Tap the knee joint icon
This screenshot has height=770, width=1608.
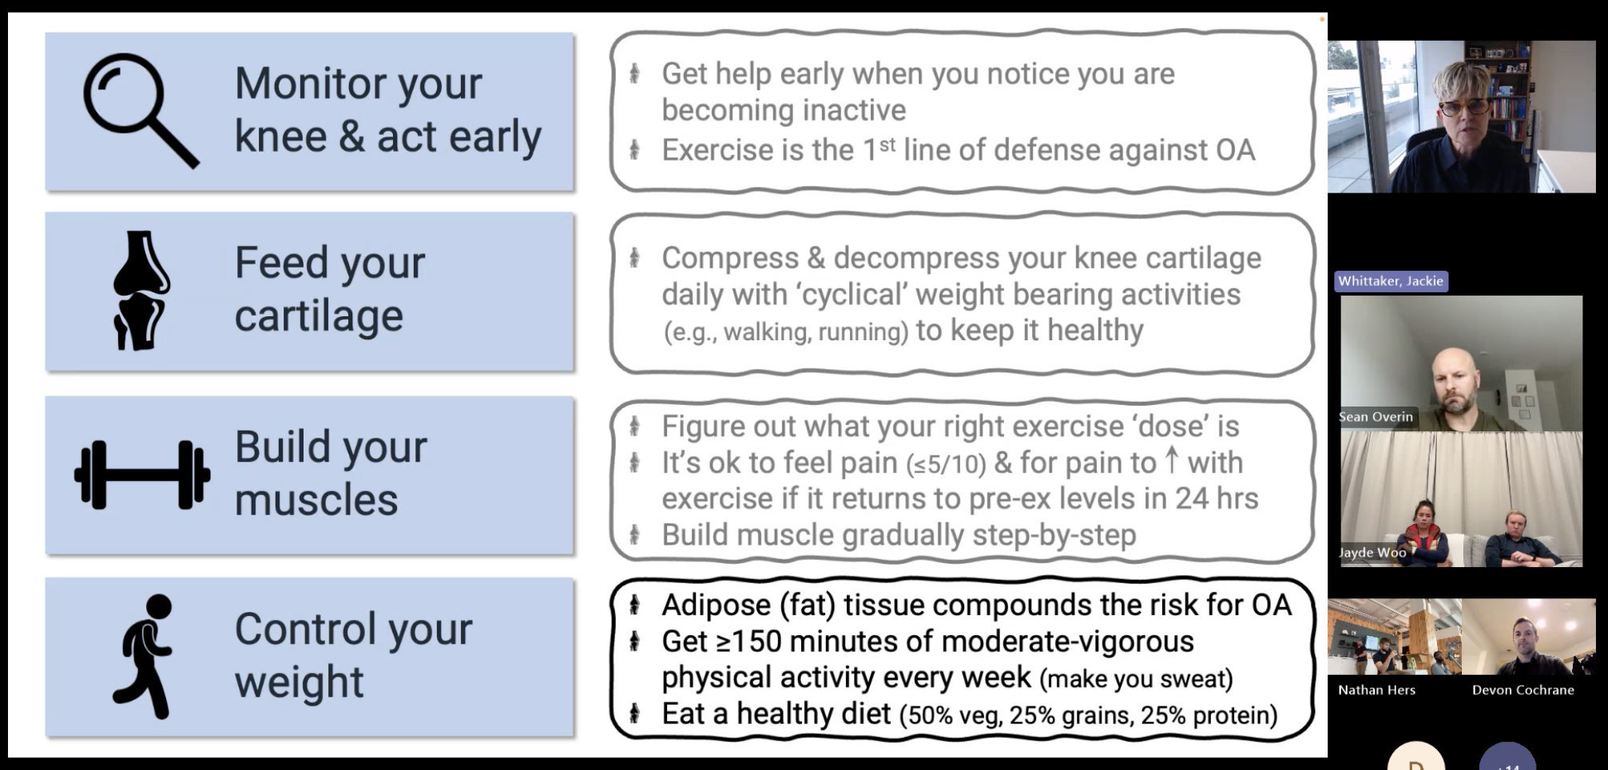pos(141,291)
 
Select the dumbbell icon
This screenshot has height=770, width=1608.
pos(142,475)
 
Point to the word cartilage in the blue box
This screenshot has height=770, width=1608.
pos(319,316)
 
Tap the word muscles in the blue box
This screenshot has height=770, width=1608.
pos(316,500)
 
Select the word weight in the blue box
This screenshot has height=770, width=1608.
pos(300,683)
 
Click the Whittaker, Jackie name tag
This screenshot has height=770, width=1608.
pos(1391,281)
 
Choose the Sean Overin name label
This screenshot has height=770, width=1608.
pos(1376,417)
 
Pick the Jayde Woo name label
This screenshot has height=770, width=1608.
pos(1372,553)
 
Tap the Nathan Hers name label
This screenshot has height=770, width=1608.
pos(1376,690)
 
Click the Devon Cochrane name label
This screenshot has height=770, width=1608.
pos(1523,690)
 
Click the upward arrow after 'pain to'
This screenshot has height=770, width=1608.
pos(1171,460)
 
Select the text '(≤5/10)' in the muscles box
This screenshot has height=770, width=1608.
pos(947,464)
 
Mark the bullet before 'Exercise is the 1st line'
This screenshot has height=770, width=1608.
pos(634,149)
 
